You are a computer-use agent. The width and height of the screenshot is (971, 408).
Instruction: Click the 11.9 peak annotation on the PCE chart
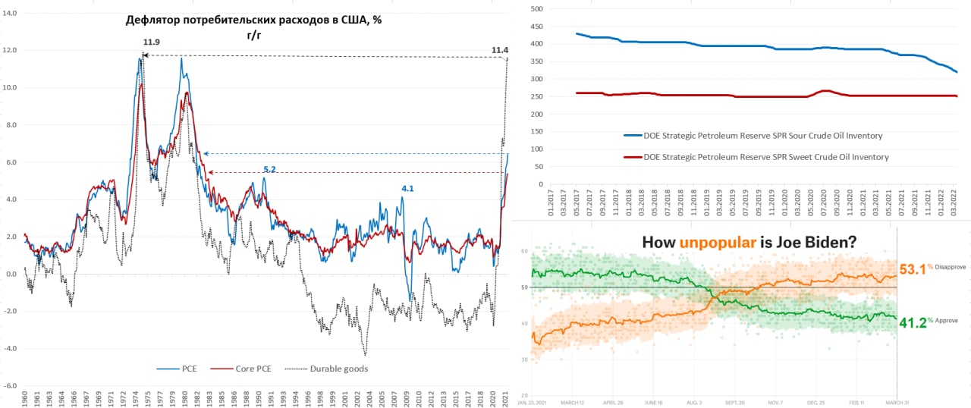[x=151, y=42]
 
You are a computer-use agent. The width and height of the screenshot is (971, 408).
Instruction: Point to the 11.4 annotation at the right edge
[x=500, y=50]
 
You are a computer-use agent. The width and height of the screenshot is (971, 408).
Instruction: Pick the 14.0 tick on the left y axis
[x=11, y=14]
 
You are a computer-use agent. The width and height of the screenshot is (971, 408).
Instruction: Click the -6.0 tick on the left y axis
[x=11, y=386]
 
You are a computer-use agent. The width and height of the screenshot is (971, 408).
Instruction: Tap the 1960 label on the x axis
[x=25, y=400]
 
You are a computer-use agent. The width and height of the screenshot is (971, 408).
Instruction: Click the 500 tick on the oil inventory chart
[x=536, y=9]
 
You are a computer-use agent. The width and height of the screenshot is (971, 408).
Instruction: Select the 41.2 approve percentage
[x=913, y=322]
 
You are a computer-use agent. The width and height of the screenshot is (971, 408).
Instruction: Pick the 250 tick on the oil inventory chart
[x=536, y=96]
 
